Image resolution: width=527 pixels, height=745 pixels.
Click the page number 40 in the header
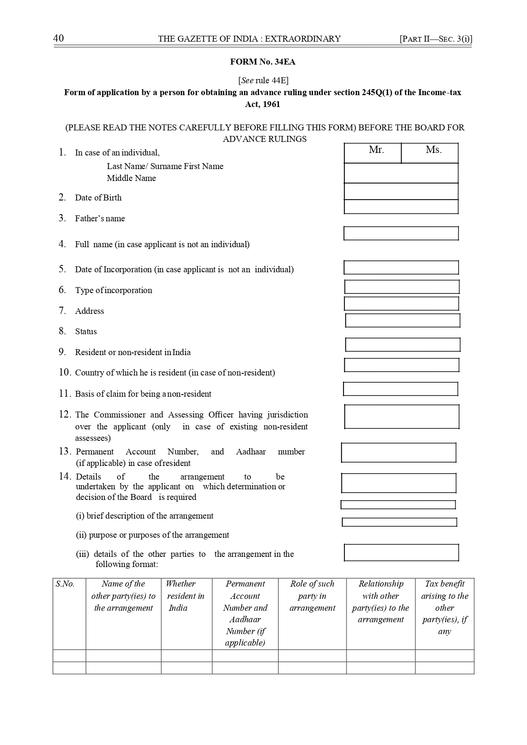point(59,39)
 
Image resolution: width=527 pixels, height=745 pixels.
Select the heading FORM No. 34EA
point(263,62)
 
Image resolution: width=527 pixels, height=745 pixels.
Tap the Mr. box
point(372,153)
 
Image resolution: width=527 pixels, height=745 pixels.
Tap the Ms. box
point(430,153)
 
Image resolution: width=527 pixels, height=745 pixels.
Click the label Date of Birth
point(98,198)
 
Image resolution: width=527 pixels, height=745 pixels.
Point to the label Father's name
point(100,219)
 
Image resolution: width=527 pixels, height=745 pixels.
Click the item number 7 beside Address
point(62,311)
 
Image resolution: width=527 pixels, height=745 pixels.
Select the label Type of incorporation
point(113,291)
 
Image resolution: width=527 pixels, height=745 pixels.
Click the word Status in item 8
point(86,332)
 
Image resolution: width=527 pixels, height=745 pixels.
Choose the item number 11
point(64,394)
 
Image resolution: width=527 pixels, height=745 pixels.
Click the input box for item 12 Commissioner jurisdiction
point(401,417)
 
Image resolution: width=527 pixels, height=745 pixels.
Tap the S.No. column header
point(65,584)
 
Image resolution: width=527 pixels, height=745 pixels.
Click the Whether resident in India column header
point(186,596)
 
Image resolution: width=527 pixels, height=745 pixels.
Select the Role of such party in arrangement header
point(312,596)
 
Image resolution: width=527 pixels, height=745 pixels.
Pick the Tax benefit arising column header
point(444,607)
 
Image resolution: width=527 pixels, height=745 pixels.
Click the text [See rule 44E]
point(263,80)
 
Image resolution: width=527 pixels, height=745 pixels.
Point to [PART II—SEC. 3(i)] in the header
point(436,39)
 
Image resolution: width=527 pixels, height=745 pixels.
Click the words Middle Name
point(131,178)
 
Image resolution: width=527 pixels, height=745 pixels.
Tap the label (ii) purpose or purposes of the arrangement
point(152,535)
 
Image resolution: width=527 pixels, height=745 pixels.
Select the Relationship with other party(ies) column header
point(380,601)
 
